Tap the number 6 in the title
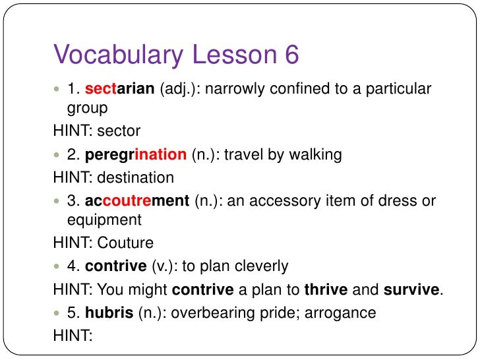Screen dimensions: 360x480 tap(291, 55)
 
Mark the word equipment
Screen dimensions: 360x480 tap(104, 219)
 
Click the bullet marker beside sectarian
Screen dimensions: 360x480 tap(57, 89)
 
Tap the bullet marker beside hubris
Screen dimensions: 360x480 tap(57, 313)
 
